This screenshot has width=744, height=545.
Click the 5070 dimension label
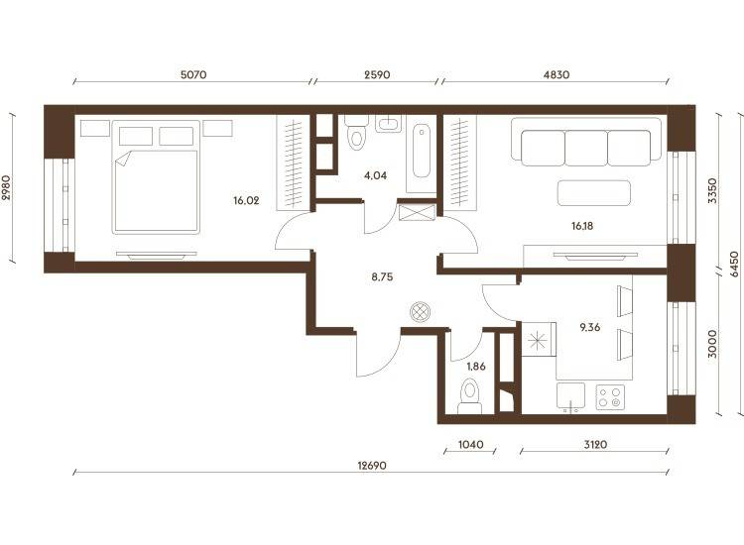(193, 74)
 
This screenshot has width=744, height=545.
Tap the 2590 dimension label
(377, 74)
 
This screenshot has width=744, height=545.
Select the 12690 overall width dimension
(372, 466)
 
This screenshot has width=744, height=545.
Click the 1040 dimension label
(470, 444)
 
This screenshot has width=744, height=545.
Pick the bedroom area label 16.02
(246, 200)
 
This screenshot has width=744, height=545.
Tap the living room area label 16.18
(581, 226)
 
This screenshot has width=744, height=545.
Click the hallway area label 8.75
(382, 276)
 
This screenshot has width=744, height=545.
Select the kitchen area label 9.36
(590, 327)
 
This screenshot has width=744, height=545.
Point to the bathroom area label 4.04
(375, 175)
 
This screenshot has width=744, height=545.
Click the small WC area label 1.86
(476, 366)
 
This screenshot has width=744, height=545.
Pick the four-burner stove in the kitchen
(610, 397)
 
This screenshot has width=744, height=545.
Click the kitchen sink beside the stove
(570, 396)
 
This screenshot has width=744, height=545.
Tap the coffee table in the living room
(594, 193)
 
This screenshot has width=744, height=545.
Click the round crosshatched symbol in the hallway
(420, 312)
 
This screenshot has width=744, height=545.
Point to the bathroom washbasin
(389, 124)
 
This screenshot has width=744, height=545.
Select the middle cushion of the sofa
(586, 148)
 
